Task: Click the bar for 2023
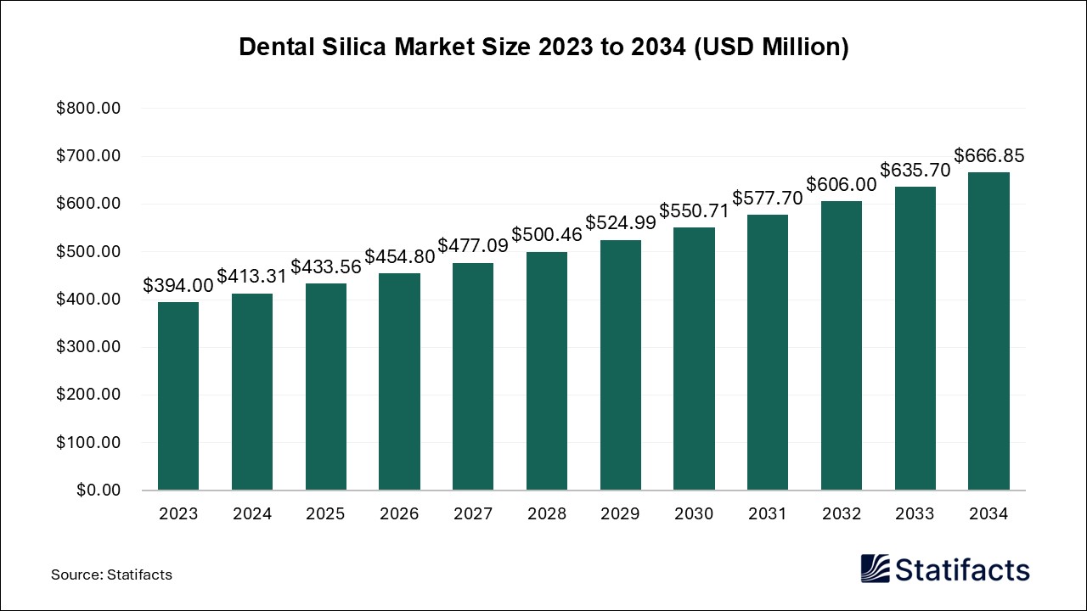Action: (x=178, y=396)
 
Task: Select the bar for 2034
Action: (x=988, y=331)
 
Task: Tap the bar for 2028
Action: (x=547, y=371)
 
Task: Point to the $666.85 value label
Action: (x=988, y=156)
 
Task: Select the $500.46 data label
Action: (x=547, y=235)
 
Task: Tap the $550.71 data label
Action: (x=695, y=211)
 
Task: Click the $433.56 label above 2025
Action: (x=326, y=266)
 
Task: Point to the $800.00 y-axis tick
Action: (x=88, y=109)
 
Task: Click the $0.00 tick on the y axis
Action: (x=99, y=490)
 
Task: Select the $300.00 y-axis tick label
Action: (x=88, y=347)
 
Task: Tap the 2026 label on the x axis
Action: (x=399, y=514)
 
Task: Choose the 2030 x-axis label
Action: (x=695, y=514)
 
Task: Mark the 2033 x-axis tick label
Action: (x=915, y=514)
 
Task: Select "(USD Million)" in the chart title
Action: (x=771, y=48)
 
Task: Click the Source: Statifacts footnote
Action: (x=111, y=575)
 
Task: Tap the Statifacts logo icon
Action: (x=876, y=569)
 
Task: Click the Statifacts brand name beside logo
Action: (x=962, y=569)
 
